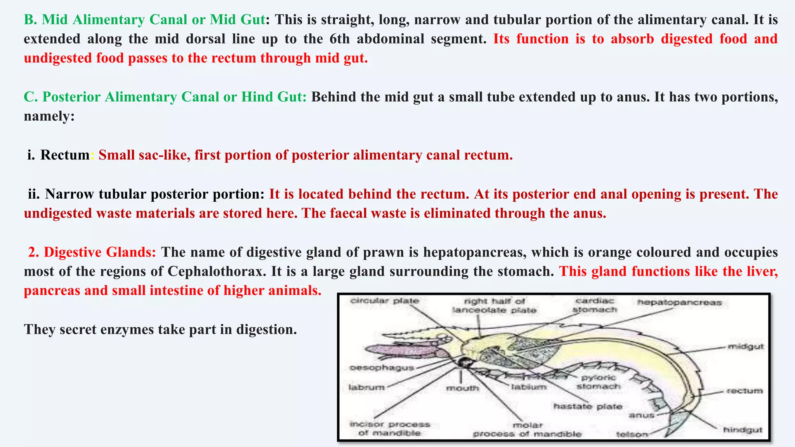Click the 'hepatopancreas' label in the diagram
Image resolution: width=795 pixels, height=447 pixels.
(x=679, y=302)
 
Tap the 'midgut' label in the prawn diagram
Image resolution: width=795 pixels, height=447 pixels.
(x=746, y=346)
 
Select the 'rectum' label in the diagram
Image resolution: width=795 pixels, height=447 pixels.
(x=745, y=390)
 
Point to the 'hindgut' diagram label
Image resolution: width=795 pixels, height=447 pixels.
(x=743, y=430)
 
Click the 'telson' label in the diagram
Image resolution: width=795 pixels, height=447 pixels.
(x=632, y=434)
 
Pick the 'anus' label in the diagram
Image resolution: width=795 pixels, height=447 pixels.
(x=641, y=415)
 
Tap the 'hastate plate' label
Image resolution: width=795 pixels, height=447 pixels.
(x=588, y=406)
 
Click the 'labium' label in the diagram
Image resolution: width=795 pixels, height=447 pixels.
(x=529, y=386)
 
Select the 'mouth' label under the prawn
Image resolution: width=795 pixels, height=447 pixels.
(x=462, y=388)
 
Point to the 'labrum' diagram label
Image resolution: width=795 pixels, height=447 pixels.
(x=366, y=387)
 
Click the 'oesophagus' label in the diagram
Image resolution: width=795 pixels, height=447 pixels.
(x=382, y=367)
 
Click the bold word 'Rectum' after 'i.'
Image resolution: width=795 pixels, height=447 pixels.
(x=65, y=155)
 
